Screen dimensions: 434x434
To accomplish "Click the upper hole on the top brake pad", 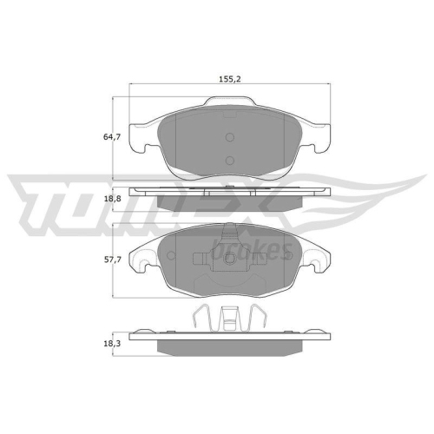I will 229,137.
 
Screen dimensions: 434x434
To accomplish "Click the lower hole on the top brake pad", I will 229,159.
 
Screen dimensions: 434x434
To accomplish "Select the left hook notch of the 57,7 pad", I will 138,258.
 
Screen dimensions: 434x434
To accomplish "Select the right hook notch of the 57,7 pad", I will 320,258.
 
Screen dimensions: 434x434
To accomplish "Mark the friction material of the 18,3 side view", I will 229,346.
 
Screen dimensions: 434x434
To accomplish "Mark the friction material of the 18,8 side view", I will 229,202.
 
